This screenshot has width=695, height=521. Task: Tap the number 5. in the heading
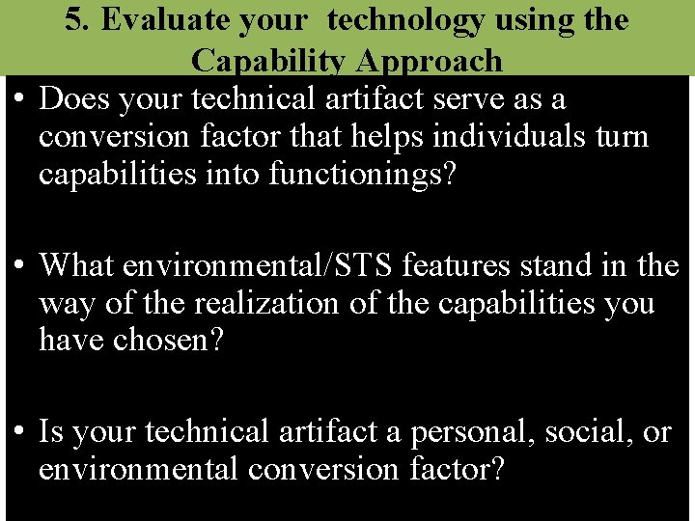tap(78, 20)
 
